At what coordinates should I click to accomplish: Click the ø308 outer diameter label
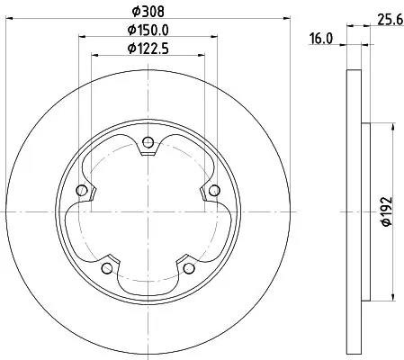(x=147, y=12)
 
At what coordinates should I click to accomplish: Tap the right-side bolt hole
(x=214, y=190)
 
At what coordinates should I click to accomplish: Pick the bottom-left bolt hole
(x=107, y=267)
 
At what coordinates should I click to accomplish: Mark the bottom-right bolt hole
(x=189, y=267)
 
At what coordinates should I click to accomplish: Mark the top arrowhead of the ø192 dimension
(x=394, y=125)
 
